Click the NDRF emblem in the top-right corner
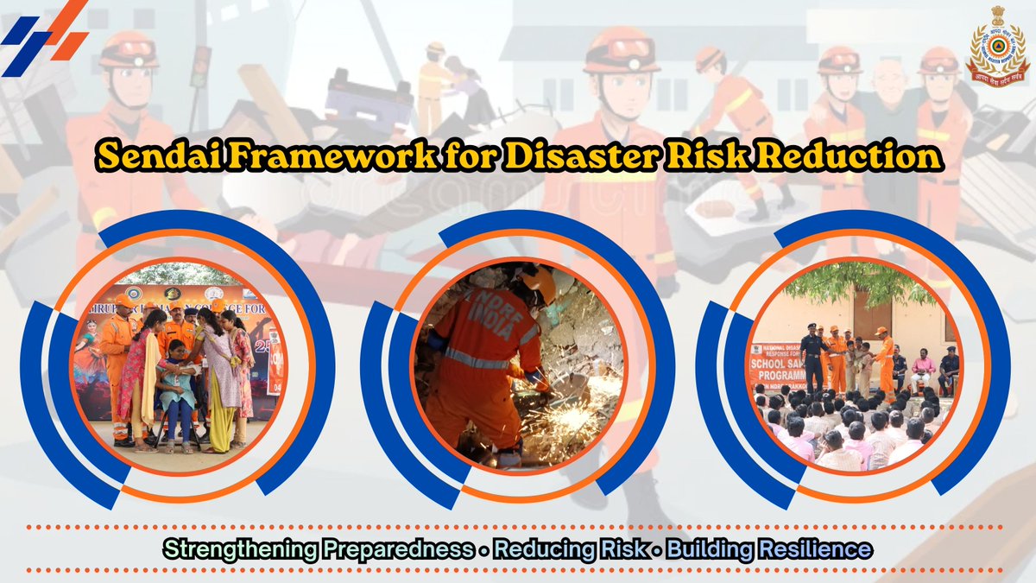click(998, 48)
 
